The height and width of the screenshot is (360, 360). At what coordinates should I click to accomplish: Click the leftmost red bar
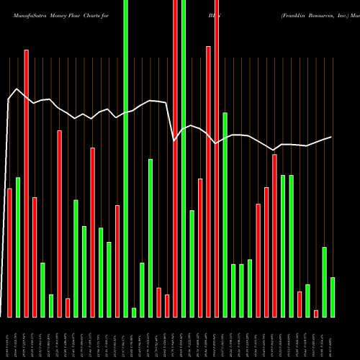click(10, 252)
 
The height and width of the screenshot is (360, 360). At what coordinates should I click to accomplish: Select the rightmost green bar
click(333, 297)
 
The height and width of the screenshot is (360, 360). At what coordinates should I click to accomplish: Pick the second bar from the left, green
click(18, 246)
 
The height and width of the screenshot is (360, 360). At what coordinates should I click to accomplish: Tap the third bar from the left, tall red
click(27, 184)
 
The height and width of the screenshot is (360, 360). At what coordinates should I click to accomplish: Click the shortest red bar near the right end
click(316, 313)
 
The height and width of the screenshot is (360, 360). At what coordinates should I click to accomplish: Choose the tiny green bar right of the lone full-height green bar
click(134, 312)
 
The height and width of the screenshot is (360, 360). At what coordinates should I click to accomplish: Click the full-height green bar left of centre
click(126, 158)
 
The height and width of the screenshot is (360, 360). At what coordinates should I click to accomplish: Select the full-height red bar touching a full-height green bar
click(175, 158)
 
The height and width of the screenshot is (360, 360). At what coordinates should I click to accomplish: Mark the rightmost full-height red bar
click(217, 158)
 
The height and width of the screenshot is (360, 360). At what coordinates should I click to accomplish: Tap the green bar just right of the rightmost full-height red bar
click(225, 215)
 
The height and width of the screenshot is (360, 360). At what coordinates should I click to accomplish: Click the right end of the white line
click(331, 137)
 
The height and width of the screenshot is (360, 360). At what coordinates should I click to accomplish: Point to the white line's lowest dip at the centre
click(175, 140)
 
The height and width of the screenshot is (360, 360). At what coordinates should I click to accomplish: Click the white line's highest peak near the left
click(17, 90)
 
